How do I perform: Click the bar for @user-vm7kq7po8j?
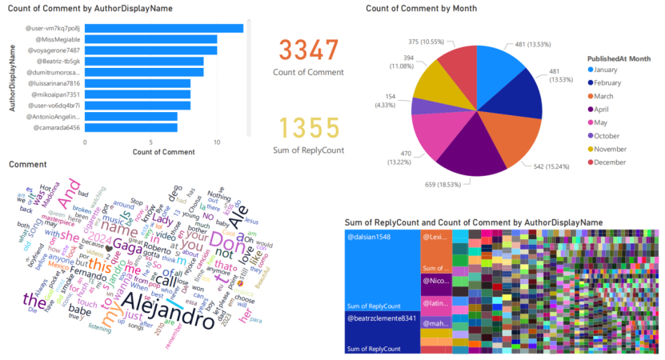[163, 28]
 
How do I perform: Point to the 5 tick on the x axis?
[151, 142]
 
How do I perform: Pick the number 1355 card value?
[308, 128]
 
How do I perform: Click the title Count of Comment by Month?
[421, 8]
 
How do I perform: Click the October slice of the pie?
[423, 106]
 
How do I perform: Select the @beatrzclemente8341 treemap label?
[380, 319]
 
